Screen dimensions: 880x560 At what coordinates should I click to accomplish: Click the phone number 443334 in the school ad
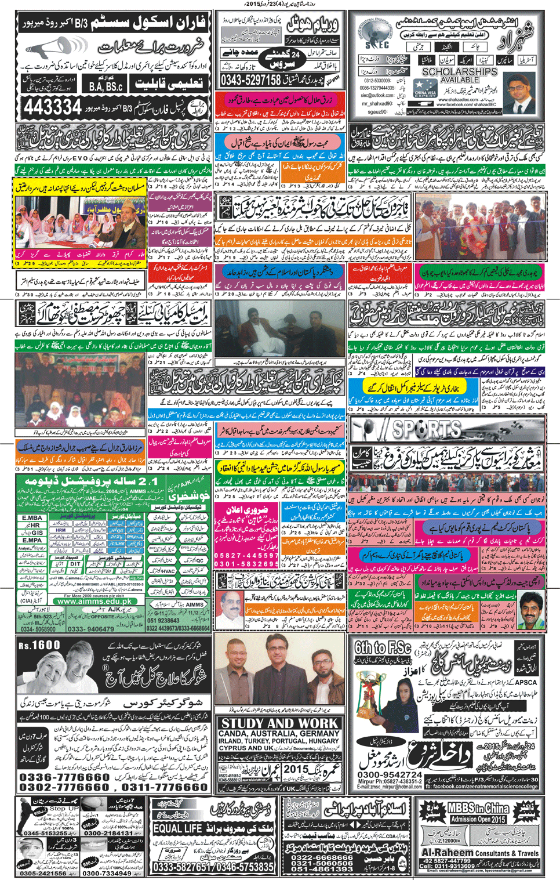pos(53,107)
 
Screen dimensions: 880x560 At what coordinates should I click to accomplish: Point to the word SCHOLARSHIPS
pos(460,72)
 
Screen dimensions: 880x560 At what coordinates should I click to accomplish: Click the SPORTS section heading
pos(427,429)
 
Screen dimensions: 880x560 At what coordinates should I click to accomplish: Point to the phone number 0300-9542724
pos(390,774)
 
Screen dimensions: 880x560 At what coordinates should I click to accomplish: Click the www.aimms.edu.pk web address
pos(99,602)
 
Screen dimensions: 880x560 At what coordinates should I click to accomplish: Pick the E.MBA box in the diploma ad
pos(32,517)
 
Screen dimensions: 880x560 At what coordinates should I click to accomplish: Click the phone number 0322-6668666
pos(322,857)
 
